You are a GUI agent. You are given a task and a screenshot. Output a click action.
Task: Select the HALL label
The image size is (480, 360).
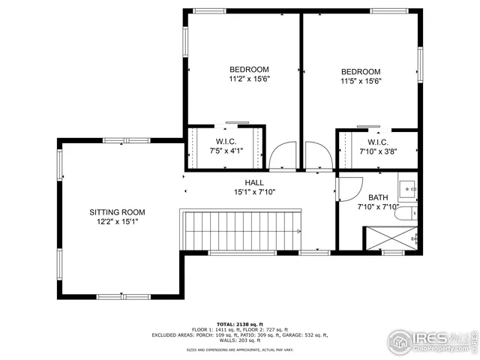coord(254,182)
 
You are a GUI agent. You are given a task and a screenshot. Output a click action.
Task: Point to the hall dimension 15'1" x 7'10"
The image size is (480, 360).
coord(254,192)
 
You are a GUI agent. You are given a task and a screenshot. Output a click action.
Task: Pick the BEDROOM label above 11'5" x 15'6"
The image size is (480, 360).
coord(361,72)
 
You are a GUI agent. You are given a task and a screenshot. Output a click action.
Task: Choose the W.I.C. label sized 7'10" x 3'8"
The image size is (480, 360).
coord(377,142)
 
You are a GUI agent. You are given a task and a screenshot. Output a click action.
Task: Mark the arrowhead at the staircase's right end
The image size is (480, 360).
coord(299,232)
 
